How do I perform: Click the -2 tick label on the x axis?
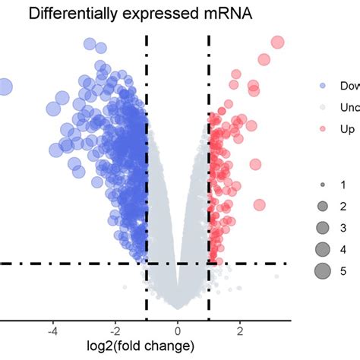click(115, 330)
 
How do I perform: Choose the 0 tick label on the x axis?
click(178, 330)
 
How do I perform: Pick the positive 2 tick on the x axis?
click(239, 330)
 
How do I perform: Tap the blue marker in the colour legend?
click(322, 86)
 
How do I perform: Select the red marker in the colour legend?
click(322, 129)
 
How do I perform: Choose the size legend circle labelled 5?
click(322, 270)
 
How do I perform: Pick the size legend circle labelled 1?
click(322, 185)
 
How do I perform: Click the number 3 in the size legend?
click(343, 227)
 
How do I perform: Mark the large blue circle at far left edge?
click(4, 87)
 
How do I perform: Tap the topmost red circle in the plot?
click(277, 43)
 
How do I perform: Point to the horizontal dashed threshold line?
click(76, 264)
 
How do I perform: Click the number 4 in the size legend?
click(343, 248)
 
